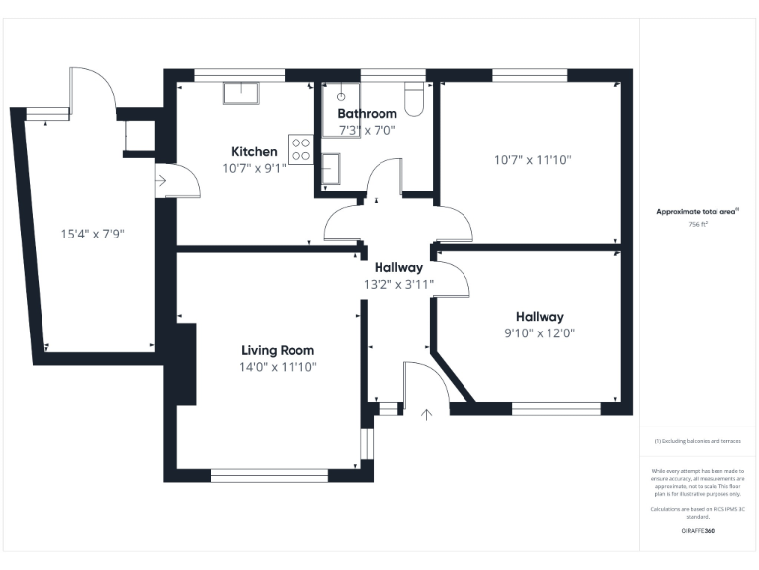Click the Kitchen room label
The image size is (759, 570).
(254, 151)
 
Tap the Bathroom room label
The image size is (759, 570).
(367, 114)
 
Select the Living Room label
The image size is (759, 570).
(278, 350)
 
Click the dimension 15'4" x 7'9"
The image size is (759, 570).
(92, 235)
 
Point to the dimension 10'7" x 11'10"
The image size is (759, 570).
(533, 160)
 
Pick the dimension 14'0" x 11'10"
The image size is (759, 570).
(279, 367)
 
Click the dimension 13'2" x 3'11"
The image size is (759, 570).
(398, 284)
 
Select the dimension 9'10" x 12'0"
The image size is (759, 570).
(539, 333)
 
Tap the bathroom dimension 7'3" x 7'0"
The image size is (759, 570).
(367, 130)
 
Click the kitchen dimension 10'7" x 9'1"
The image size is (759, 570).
(254, 168)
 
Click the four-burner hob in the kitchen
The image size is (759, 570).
(300, 148)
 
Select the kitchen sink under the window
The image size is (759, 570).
(241, 92)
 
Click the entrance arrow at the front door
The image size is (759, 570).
(427, 413)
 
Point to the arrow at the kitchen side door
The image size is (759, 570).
(161, 181)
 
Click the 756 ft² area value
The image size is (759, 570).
(698, 225)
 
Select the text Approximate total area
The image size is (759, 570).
(697, 211)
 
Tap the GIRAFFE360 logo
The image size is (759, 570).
(698, 531)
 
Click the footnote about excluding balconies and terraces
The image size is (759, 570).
(698, 441)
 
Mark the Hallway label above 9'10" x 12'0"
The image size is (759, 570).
(539, 317)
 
